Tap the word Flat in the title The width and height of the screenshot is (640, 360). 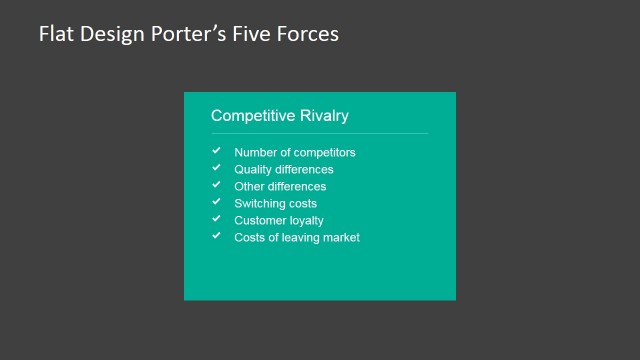tap(56, 34)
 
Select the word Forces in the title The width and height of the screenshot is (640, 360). tap(308, 34)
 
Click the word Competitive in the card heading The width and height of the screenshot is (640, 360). tap(253, 116)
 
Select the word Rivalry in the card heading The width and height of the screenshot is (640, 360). tap(324, 116)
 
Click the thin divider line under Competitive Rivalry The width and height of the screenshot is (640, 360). tap(319, 133)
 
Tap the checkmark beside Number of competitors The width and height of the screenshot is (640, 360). tap(216, 151)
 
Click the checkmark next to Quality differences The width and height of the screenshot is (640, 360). tap(216, 168)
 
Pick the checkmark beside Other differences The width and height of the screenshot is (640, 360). tap(216, 185)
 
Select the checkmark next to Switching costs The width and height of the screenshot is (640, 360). tap(216, 202)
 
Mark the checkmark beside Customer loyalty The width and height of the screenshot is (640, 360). tap(216, 219)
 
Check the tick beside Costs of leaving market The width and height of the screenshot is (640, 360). tap(216, 236)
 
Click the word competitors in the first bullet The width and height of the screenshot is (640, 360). tap(322, 153)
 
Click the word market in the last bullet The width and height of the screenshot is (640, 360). tap(340, 238)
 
